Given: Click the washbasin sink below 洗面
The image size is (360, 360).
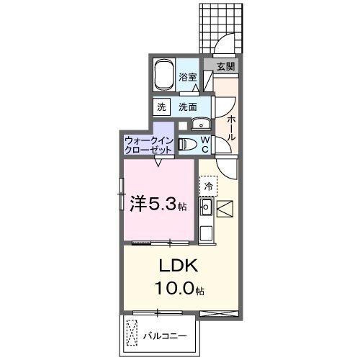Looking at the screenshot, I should (200, 122).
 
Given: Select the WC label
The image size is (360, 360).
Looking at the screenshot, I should (204, 144).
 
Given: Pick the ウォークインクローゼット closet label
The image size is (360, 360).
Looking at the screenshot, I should (148, 145).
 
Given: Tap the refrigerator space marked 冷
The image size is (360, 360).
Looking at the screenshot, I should (209, 186).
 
